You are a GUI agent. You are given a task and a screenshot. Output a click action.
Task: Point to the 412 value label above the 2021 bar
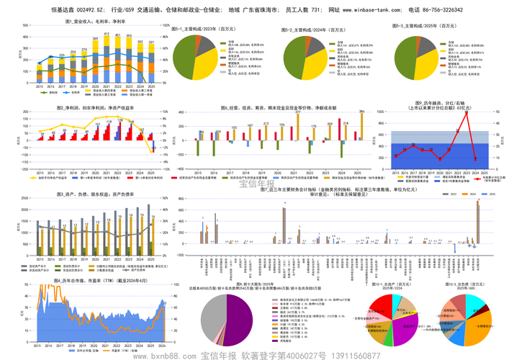[x=107, y=34]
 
